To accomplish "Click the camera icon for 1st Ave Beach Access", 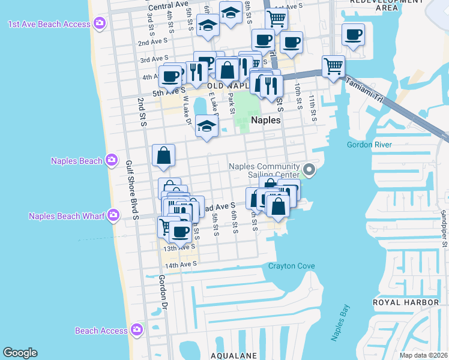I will point(100,24).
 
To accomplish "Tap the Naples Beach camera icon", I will point(111,160).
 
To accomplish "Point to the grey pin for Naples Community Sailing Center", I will point(309,170).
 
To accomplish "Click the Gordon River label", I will point(369,145).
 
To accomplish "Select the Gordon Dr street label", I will point(163,293).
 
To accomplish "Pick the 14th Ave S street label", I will point(181,264).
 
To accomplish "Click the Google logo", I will point(20,353).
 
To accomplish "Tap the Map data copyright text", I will point(423,355).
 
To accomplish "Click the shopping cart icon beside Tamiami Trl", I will point(333,65).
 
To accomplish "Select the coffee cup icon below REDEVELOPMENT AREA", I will point(354,34).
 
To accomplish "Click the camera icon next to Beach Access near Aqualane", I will point(137,329).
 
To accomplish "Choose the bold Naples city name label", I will point(266,120).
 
